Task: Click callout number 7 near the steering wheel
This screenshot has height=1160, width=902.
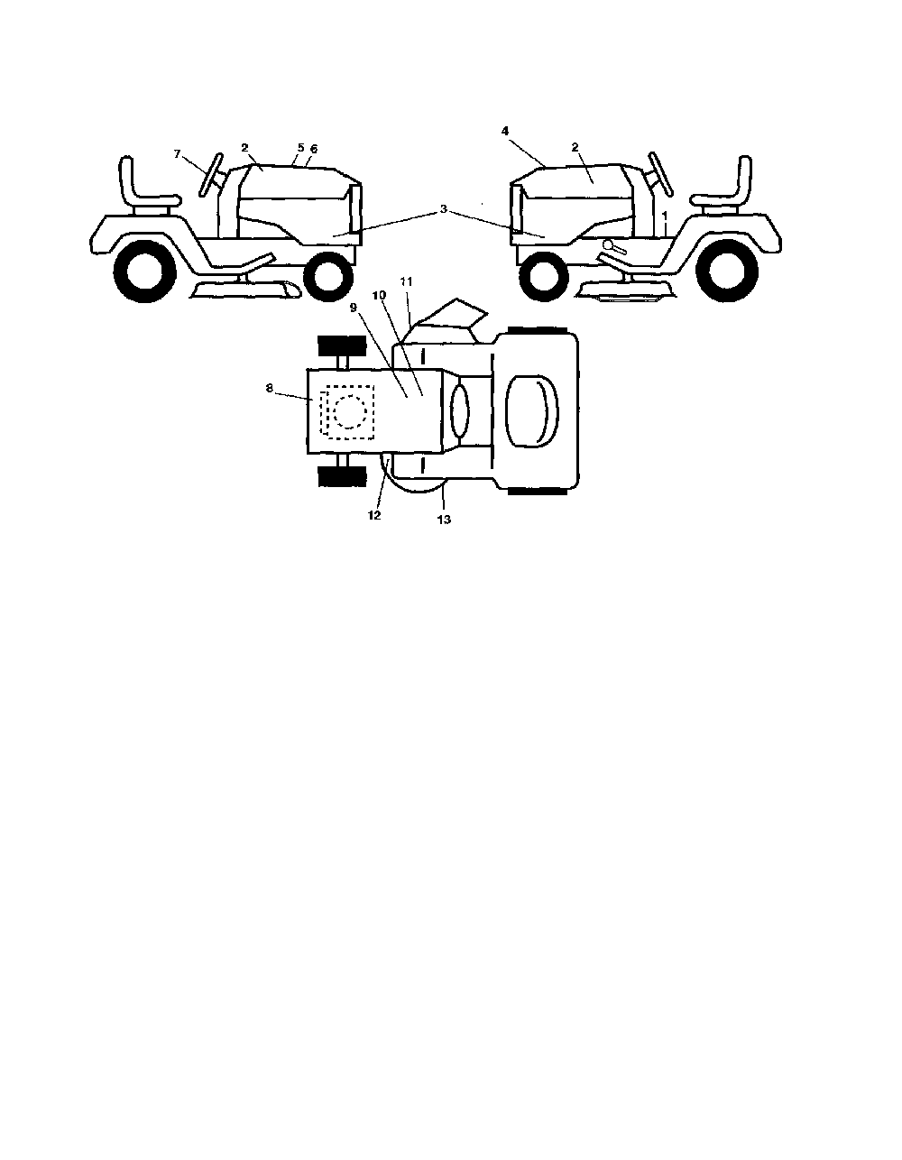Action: point(178,153)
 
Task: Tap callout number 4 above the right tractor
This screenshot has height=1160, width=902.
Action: point(505,131)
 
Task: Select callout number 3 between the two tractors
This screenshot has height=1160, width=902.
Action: point(443,209)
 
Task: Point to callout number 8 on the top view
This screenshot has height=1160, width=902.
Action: point(270,388)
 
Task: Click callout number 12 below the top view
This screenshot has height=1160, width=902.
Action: point(374,515)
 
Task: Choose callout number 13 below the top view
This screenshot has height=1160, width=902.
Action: point(444,519)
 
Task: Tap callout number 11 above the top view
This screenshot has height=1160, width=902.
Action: point(407,281)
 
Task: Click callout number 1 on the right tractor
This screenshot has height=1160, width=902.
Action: point(665,215)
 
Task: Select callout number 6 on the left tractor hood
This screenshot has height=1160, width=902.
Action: point(314,149)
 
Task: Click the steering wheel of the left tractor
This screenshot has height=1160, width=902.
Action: point(210,175)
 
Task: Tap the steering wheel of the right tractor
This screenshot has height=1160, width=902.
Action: point(661,175)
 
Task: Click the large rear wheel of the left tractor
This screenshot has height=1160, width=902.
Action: point(144,272)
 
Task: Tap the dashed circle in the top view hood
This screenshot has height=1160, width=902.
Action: point(350,411)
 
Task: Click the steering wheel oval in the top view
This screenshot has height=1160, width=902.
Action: point(459,411)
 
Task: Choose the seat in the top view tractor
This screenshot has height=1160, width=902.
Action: point(531,411)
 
